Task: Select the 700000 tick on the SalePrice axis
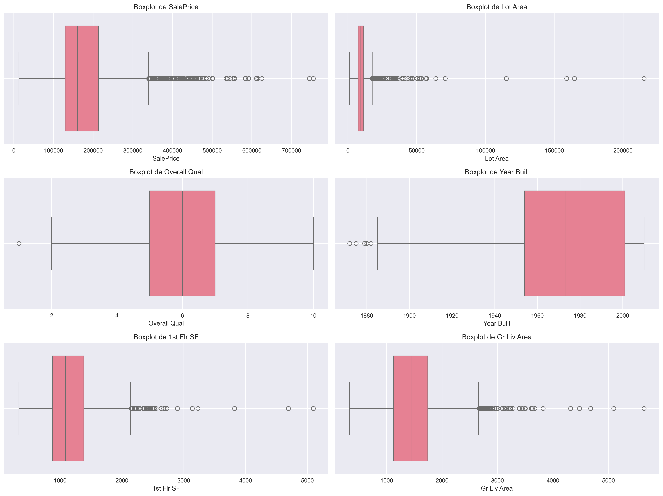[x=291, y=150]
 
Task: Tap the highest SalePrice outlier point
[x=313, y=79]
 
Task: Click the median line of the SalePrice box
[x=77, y=79]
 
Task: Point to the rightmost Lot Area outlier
[x=644, y=79]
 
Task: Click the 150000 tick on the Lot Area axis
[x=554, y=150]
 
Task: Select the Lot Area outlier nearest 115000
[x=506, y=79]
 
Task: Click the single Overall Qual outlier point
[x=19, y=243]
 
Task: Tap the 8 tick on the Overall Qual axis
[x=248, y=315]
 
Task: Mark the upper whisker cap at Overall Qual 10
[x=313, y=243]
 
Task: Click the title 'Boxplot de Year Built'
[x=497, y=172]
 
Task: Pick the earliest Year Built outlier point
[x=350, y=243]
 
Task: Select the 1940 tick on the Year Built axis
[x=494, y=315]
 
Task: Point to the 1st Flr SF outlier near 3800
[x=234, y=408]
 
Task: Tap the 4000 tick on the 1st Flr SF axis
[x=246, y=480]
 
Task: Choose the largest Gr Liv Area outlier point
[x=644, y=408]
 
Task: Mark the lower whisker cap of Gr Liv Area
[x=350, y=408]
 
